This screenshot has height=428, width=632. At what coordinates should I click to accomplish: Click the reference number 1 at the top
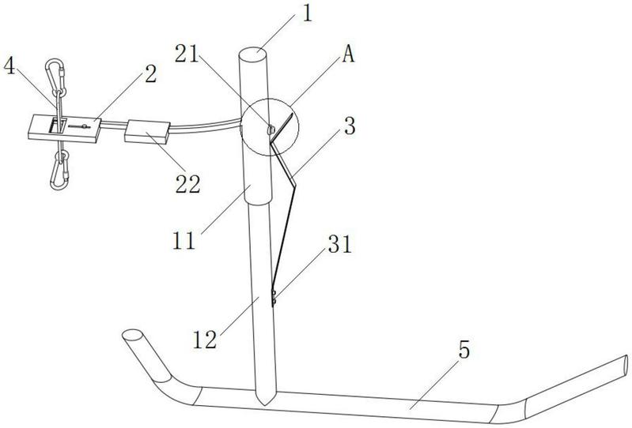pos(307,13)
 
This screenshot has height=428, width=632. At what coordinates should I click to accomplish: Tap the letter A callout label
pos(348,54)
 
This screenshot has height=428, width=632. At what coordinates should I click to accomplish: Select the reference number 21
pos(187,54)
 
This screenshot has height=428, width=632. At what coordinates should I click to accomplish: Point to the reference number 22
pos(187,184)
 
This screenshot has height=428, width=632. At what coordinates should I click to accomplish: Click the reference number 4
pos(9,66)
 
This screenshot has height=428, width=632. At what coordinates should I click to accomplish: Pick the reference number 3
pos(349,126)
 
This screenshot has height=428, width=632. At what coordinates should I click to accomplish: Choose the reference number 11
pos(184,240)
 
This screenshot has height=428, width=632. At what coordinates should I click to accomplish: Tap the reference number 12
pos(205,340)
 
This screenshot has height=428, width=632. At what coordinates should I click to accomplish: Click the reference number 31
pos(340,244)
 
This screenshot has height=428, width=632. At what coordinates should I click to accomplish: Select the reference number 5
pos(464,350)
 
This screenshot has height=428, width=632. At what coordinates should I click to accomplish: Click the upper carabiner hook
pos(56,77)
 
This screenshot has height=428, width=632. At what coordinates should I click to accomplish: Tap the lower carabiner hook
pos(59,171)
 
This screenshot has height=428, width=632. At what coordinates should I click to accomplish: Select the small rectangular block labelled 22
pos(146,132)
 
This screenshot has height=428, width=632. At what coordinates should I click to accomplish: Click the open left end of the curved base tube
pos(132,334)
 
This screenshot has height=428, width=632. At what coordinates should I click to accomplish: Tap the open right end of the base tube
pos(626,366)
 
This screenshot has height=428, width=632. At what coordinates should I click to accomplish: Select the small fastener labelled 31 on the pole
pos(273,297)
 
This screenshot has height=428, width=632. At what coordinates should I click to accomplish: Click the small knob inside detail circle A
pos(271,130)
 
